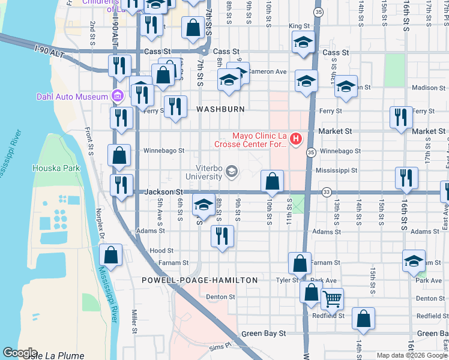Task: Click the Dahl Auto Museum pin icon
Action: point(116,96)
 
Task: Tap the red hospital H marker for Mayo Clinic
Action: point(295,140)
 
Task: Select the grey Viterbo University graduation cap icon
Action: point(231,173)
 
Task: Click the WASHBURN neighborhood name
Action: point(220,109)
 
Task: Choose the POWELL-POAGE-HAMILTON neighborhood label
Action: point(200,280)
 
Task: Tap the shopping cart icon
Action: point(331,298)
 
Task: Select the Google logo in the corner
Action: point(20,353)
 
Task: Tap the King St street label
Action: point(298,26)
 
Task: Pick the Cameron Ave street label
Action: point(267,71)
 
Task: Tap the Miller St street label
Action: point(134,321)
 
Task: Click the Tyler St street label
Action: point(287,280)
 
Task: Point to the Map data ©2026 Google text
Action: point(412,355)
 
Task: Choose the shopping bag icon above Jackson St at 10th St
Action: point(272,181)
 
